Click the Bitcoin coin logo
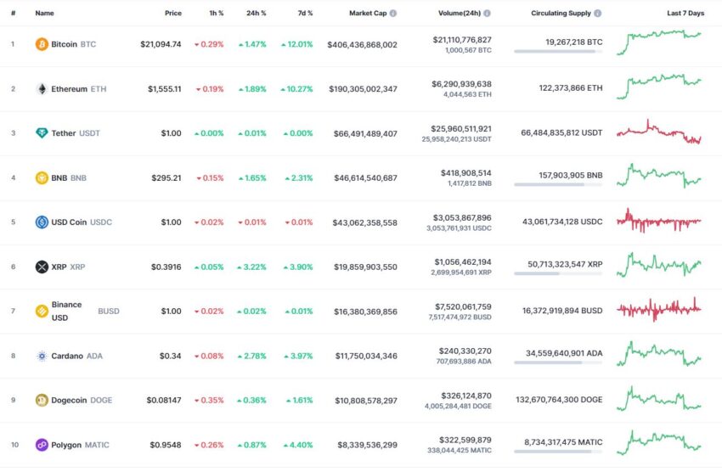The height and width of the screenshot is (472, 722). (42, 44)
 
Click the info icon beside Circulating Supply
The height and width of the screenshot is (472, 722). (598, 14)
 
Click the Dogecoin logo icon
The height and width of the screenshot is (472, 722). (42, 400)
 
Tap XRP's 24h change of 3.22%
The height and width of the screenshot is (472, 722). (252, 267)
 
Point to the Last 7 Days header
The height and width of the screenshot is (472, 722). (685, 14)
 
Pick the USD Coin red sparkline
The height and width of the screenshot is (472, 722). (659, 221)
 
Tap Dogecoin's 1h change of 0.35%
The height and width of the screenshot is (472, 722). (209, 400)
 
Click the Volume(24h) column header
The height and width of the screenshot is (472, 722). (460, 14)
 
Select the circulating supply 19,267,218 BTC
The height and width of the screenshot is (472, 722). (571, 41)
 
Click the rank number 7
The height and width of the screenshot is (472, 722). (13, 311)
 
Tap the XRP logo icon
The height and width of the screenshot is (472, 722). (42, 267)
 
